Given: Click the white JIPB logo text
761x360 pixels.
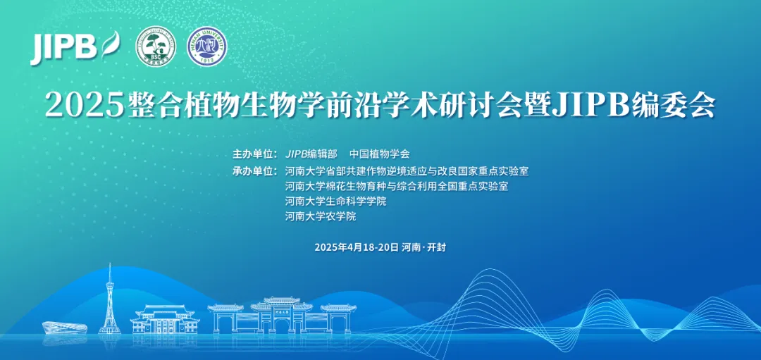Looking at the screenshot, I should (63, 47).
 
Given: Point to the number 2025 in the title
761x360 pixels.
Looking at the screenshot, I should (84, 106).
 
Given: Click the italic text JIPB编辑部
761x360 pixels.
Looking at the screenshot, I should (311, 154).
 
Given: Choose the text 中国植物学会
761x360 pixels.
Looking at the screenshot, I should (379, 154).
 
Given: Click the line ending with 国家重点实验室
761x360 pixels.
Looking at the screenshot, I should (407, 170).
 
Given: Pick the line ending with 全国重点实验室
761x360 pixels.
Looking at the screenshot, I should (396, 186).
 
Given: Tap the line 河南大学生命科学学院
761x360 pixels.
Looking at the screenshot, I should (335, 201).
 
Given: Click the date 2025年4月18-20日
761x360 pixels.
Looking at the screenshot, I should (356, 247).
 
